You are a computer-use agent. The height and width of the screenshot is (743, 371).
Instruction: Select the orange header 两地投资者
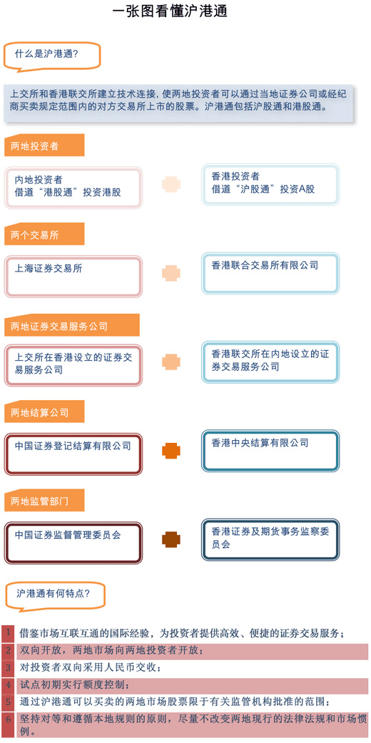coord(44,146)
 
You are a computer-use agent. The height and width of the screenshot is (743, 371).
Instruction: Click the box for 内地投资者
coord(73,187)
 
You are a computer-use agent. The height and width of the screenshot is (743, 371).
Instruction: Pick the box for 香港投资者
coord(270,184)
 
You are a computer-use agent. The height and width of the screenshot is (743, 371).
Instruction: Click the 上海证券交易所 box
coord(73,276)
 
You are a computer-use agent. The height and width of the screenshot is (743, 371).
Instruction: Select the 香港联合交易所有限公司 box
coord(270,274)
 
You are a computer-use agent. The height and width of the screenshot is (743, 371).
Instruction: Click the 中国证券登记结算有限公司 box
coord(73,454)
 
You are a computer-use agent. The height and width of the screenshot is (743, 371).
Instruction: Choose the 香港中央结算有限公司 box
coord(270,451)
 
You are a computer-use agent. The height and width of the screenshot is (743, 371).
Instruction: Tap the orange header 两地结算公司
coord(44,412)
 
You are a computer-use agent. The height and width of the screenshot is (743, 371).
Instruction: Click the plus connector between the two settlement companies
coord(171,451)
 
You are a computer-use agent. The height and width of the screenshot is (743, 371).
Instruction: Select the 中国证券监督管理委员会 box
coord(73,543)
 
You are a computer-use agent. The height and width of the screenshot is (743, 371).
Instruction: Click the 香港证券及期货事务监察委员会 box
coord(270,539)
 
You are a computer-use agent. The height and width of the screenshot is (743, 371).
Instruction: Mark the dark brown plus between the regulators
coord(171,539)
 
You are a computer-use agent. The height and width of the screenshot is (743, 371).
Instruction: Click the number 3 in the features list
coord(8,668)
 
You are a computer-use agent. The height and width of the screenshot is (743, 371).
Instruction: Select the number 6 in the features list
coord(8,724)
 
